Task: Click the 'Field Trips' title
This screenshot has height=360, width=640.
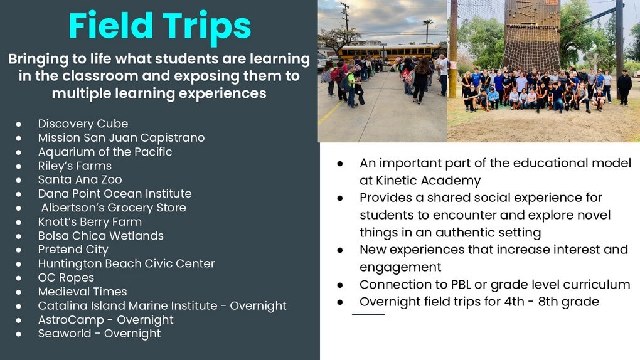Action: point(159,26)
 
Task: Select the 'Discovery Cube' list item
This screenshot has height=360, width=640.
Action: point(83,124)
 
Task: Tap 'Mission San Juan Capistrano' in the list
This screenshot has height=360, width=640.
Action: point(121,138)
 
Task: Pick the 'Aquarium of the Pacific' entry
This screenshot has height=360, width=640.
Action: point(105,152)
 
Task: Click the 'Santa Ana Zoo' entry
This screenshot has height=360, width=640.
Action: point(80,179)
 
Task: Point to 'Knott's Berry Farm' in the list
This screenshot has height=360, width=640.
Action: point(90,221)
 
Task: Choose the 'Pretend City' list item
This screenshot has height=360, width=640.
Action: point(73,250)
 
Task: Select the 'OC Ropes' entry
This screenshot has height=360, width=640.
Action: point(66,278)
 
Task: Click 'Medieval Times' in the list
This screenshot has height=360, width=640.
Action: point(82,292)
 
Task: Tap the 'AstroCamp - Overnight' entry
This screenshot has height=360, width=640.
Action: point(105,320)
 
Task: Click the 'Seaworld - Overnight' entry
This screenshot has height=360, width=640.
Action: point(99,334)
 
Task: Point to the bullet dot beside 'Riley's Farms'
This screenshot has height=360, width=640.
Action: point(18,167)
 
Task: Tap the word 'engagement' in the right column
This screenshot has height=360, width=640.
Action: point(400,267)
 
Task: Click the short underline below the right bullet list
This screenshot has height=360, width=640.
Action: point(368,314)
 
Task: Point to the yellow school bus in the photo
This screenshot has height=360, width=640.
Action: point(390,53)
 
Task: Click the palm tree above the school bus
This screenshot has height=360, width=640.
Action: point(427,31)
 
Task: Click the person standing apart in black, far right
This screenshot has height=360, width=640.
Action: point(624,87)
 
